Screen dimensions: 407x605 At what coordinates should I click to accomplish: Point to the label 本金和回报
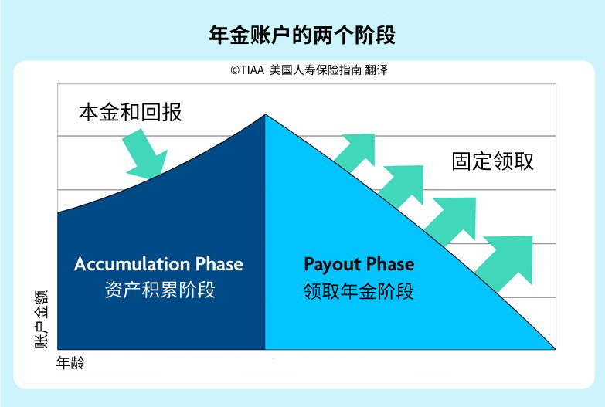click(130, 112)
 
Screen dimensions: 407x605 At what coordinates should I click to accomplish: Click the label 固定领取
click(492, 161)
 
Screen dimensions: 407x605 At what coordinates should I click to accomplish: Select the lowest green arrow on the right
click(505, 259)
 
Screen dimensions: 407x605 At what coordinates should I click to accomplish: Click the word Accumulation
click(131, 264)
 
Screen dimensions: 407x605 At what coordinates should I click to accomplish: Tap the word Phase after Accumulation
click(219, 264)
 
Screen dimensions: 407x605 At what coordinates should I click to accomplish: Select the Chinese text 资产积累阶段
click(159, 290)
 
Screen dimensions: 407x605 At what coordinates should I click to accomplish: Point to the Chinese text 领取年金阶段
click(359, 290)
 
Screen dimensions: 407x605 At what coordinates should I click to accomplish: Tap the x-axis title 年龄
click(70, 362)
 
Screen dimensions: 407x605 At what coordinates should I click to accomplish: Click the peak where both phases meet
click(265, 115)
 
